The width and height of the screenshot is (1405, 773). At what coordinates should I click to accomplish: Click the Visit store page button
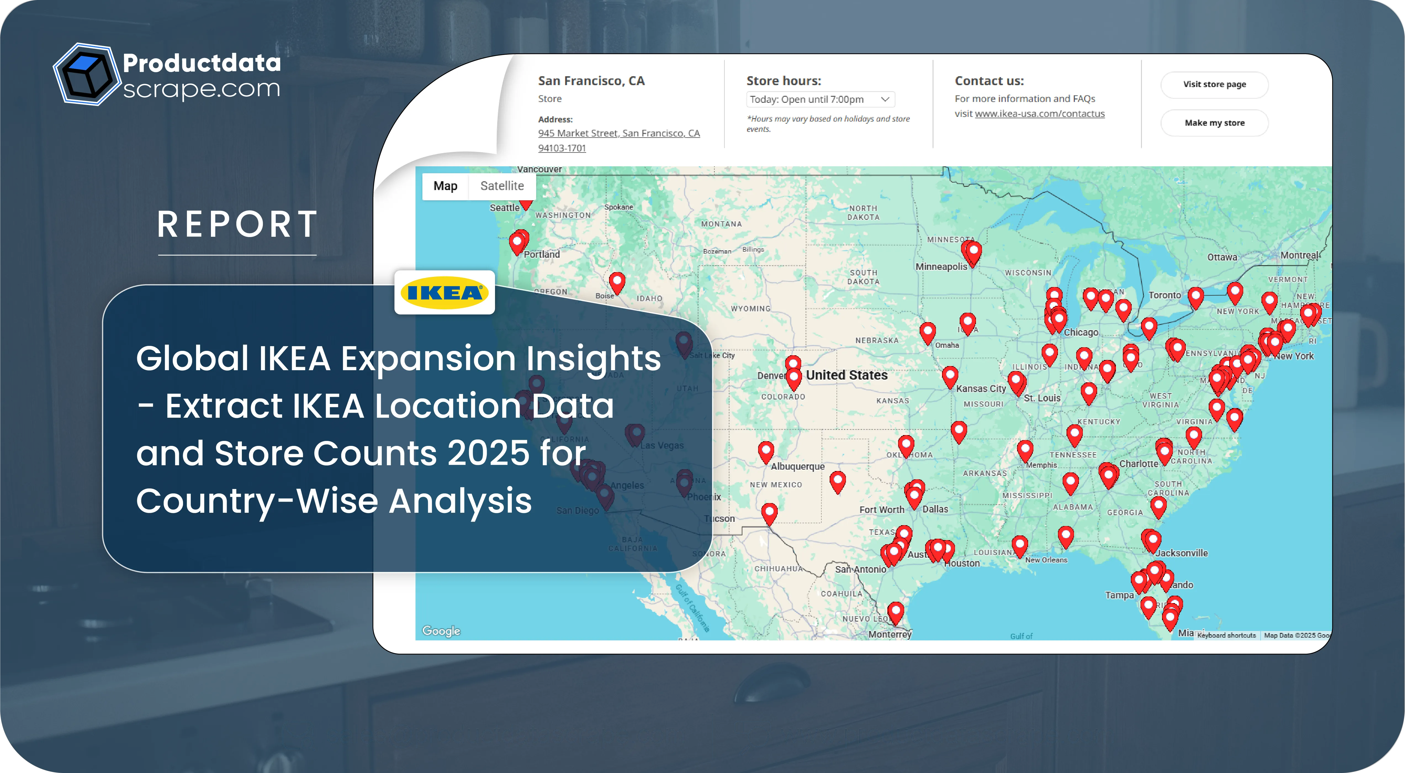[x=1214, y=85]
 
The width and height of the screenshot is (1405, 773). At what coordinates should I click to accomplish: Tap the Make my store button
[x=1214, y=123]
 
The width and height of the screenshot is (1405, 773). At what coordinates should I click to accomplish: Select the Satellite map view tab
[x=502, y=186]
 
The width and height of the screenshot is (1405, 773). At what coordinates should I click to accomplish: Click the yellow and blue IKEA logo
[x=444, y=293]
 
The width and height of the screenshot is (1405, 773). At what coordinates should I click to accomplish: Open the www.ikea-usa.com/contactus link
[x=1039, y=114]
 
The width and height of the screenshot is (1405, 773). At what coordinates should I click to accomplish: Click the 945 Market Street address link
[x=618, y=133]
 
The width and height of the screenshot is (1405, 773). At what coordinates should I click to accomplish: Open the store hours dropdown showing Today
[x=820, y=99]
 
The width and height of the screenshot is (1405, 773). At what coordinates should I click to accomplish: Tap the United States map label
[x=846, y=375]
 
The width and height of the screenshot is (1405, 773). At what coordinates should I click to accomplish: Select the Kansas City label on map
[x=981, y=389]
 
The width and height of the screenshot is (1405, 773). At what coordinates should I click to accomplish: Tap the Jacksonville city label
[x=1181, y=553]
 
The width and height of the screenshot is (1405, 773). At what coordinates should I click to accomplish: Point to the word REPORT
[x=237, y=224]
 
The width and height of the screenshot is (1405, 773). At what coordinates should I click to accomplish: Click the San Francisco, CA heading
[x=591, y=81]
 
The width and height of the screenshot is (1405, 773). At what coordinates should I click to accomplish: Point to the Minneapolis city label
[x=941, y=267]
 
